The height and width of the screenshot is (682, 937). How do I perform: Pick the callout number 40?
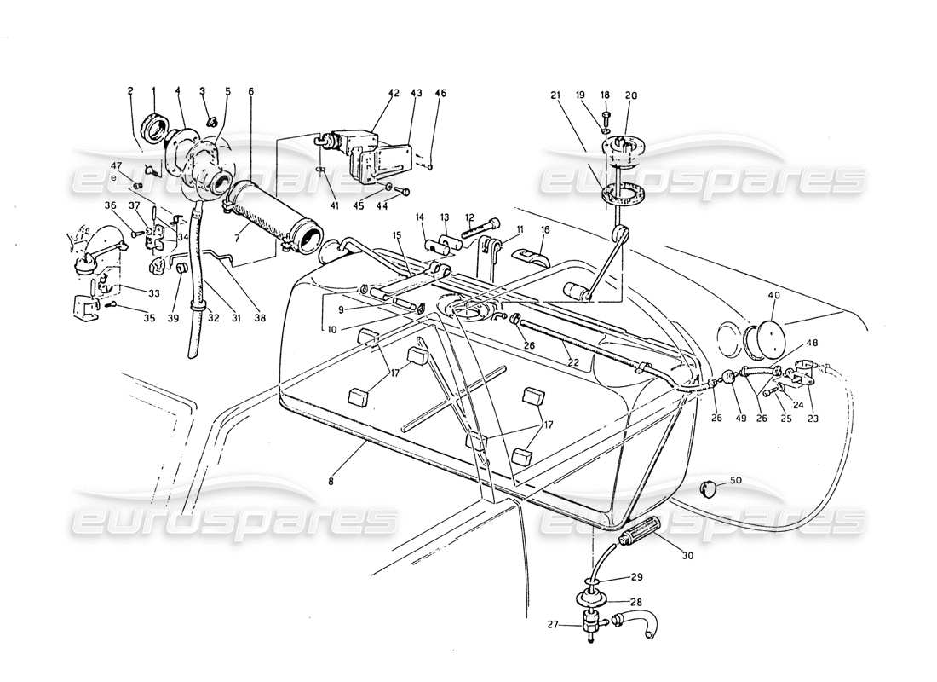773,296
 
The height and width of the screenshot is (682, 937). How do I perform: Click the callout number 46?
440,94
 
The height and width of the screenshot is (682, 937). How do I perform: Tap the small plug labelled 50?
709,487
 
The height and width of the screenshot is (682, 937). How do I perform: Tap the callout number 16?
545,230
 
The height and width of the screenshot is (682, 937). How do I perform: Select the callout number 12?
469,217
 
